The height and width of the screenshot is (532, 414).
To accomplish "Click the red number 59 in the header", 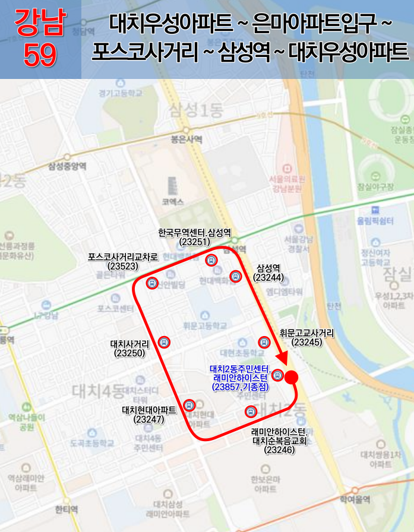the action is (x=40, y=55).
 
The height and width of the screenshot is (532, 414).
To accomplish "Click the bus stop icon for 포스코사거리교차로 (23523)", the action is (x=152, y=283).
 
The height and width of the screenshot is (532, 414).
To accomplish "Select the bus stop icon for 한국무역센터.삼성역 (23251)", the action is (x=211, y=260).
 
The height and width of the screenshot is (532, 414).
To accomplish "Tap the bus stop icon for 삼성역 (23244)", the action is (x=235, y=276).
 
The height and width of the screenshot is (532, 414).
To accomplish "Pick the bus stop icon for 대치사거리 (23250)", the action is (x=165, y=342).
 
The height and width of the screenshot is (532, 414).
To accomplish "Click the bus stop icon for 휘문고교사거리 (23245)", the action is (x=264, y=342).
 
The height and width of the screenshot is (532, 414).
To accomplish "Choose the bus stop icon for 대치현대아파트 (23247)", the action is (x=189, y=406).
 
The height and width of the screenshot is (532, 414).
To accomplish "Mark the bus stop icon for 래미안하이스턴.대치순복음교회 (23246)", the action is (x=250, y=411).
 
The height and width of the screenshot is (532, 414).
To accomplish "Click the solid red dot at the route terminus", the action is (x=291, y=377).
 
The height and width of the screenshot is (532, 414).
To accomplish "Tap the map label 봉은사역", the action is (x=186, y=140).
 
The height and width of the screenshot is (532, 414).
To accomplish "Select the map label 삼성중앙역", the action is (x=68, y=167).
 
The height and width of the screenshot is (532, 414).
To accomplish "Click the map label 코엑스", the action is (x=173, y=202).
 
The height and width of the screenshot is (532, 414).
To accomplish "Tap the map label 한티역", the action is (x=66, y=509).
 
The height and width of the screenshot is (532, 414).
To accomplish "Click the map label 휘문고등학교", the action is (x=205, y=326).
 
